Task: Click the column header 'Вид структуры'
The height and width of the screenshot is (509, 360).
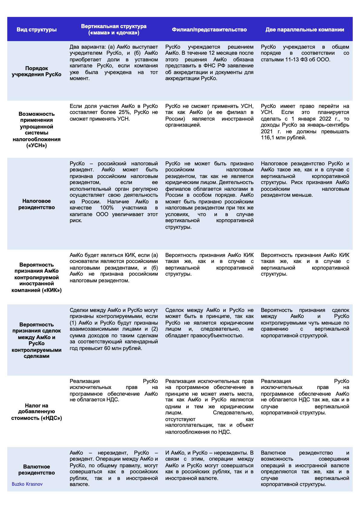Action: (37, 30)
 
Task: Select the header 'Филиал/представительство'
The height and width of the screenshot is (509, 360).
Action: (209, 30)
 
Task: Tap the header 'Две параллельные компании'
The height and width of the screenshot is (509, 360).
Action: (305, 30)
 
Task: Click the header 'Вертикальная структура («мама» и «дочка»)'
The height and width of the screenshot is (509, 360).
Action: (114, 29)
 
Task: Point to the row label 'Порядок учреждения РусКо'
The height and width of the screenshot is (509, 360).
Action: (37, 71)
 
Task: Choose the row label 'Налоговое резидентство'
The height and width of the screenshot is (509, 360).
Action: (37, 204)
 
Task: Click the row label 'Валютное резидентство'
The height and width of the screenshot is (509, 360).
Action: (37, 470)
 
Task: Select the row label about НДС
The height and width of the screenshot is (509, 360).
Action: (37, 412)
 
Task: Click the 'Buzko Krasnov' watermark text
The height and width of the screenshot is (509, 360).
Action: (27, 484)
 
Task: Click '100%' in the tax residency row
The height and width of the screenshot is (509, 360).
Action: (106, 208)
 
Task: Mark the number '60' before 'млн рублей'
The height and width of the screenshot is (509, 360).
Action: (107, 348)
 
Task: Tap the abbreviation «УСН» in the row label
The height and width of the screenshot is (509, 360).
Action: (37, 146)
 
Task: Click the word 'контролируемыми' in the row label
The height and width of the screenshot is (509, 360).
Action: (37, 350)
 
